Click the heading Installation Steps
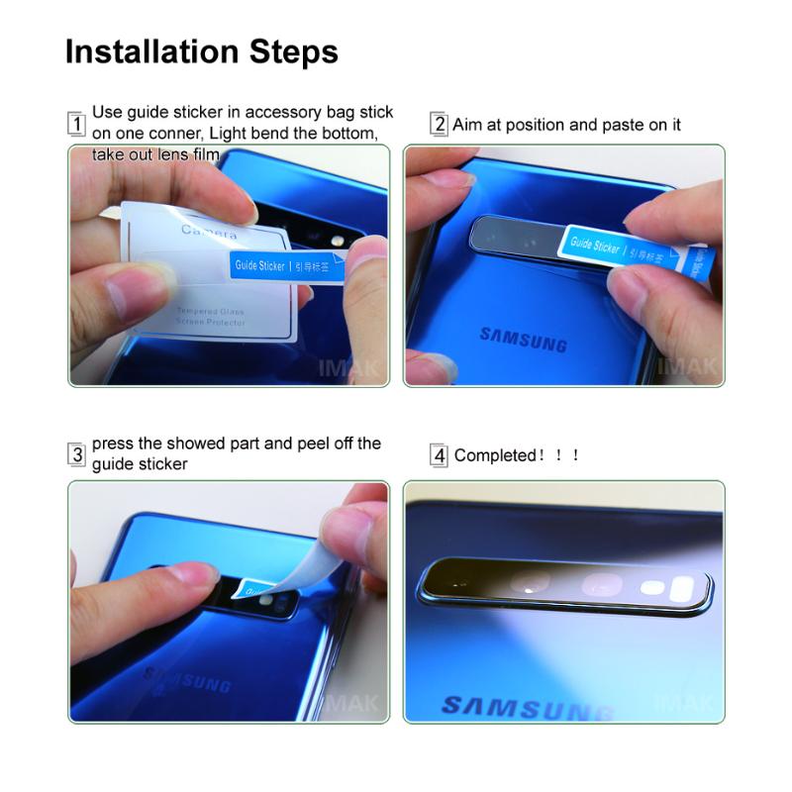click(x=201, y=51)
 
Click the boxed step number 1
click(x=76, y=125)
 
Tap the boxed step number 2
click(x=439, y=125)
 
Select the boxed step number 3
click(x=76, y=455)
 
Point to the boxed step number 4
click(x=439, y=455)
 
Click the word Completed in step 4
click(x=494, y=455)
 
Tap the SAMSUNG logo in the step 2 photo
click(x=523, y=339)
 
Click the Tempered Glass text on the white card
click(x=212, y=311)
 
